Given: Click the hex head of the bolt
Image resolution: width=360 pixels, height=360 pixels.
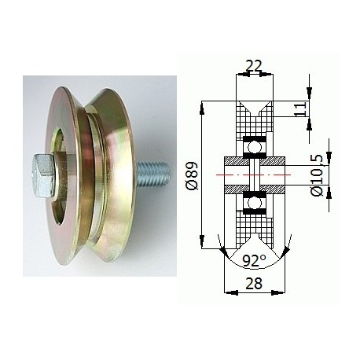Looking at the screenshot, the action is tap(43, 176).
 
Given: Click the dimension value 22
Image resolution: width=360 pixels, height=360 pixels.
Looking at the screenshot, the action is tap(254, 66).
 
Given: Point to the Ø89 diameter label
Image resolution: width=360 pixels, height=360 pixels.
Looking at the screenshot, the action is tap(193, 176).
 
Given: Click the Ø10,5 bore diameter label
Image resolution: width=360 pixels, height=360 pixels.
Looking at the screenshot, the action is tap(318, 175).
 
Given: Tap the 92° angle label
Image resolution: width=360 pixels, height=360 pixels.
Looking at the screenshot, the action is tap(254, 260).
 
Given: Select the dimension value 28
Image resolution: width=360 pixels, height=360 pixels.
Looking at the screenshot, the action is tap(254, 283).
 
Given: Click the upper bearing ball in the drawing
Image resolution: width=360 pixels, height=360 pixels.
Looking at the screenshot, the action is tap(255, 147).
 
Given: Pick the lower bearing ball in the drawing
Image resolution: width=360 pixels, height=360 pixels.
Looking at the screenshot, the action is tap(255, 203).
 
